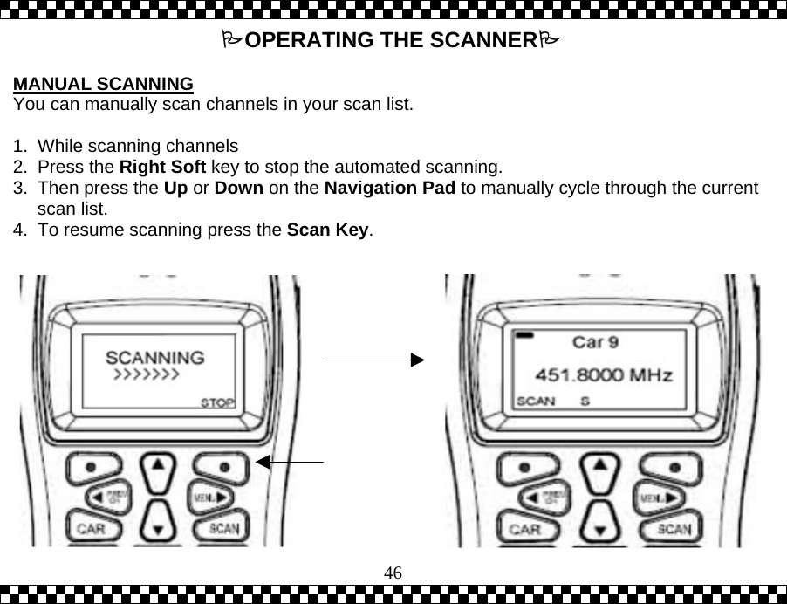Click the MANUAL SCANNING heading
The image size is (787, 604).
pyautogui.click(x=103, y=85)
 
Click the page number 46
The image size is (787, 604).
pyautogui.click(x=393, y=573)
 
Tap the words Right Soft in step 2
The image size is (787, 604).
pyautogui.click(x=162, y=167)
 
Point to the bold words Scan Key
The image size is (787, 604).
pyautogui.click(x=328, y=230)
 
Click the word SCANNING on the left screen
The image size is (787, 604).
pyautogui.click(x=155, y=357)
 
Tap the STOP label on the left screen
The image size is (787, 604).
pyautogui.click(x=217, y=403)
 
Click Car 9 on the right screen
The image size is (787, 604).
pyautogui.click(x=596, y=339)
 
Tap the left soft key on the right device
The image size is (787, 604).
pyautogui.click(x=526, y=468)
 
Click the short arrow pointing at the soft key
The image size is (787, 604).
pyautogui.click(x=293, y=460)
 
